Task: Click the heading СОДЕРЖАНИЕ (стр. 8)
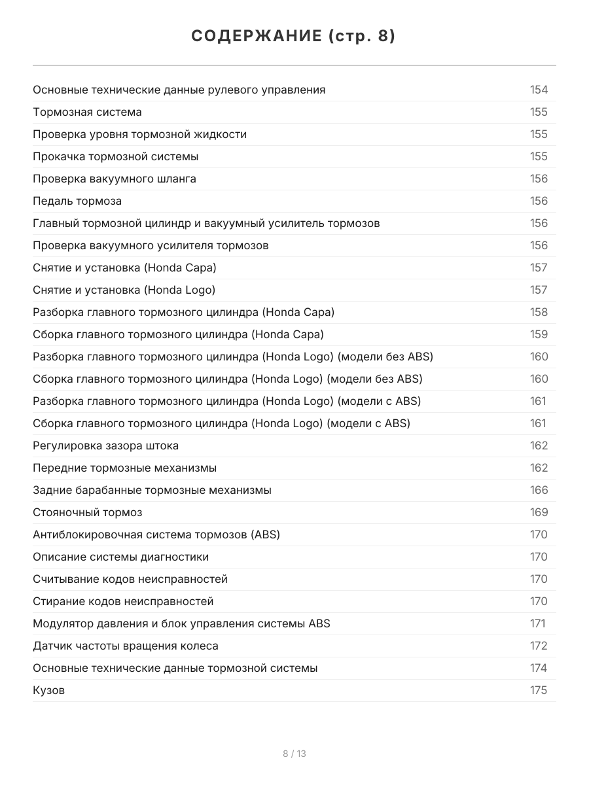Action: (294, 37)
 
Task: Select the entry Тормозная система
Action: (87, 112)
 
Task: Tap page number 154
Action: (539, 90)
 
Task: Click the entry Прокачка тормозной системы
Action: (116, 156)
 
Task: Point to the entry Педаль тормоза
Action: (77, 201)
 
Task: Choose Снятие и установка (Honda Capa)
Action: (124, 268)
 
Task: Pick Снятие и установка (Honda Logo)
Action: (124, 290)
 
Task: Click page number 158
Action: (539, 312)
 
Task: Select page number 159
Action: (539, 334)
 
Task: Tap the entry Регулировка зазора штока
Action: (105, 445)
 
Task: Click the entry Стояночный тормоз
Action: (88, 512)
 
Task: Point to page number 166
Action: (539, 490)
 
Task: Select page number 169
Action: (539, 512)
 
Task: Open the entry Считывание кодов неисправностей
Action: (130, 579)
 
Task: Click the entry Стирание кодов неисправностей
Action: (123, 601)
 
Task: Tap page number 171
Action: (537, 623)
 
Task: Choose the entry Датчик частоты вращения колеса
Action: (126, 646)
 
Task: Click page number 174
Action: (539, 668)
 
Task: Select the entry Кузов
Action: (49, 690)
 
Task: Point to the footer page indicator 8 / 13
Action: (294, 754)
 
